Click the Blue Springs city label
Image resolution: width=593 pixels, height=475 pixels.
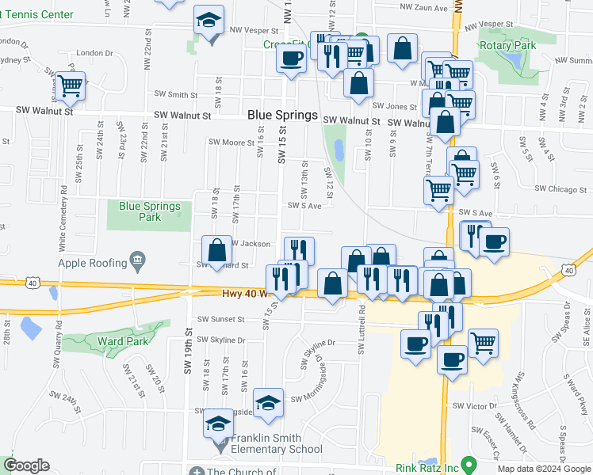[x=282, y=115]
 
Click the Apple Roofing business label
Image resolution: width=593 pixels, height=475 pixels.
[x=92, y=263]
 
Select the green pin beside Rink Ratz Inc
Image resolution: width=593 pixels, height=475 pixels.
[x=469, y=465]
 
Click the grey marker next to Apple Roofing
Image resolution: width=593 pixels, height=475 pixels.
[x=137, y=259]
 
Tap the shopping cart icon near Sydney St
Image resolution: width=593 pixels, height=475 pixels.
[x=70, y=85]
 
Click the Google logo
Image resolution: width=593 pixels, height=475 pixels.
[x=26, y=465]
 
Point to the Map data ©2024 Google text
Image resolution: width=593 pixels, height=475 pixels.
[x=543, y=469]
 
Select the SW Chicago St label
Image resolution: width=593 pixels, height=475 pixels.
[x=562, y=189]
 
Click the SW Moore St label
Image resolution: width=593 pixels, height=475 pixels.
[x=230, y=142]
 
